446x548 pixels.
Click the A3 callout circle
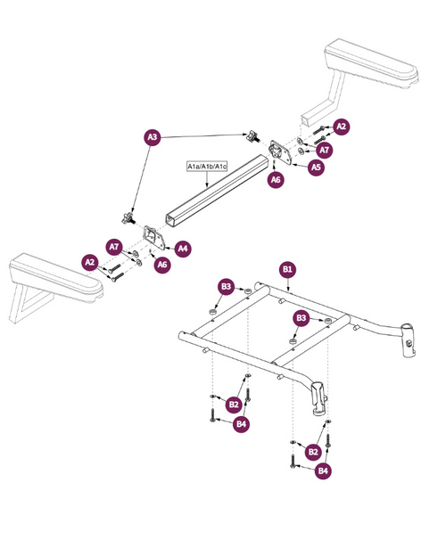[153, 137]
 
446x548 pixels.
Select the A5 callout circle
[316, 166]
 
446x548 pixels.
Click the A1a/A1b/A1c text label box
[208, 167]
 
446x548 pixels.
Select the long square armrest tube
[214, 191]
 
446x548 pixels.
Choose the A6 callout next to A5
[277, 179]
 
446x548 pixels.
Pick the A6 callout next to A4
[162, 265]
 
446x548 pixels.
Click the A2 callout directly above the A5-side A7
[341, 127]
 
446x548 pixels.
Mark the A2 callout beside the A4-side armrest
[89, 262]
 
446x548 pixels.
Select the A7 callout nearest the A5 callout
[325, 150]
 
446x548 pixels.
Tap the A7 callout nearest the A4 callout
[113, 245]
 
